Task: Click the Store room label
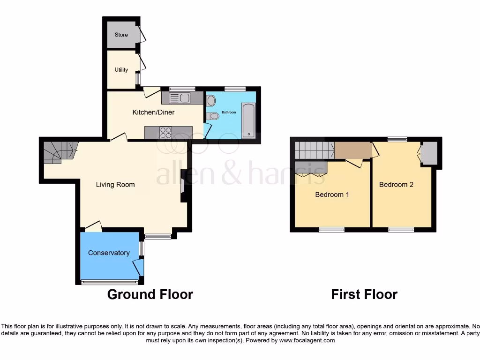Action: [x=121, y=35]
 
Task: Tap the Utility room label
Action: [x=121, y=70]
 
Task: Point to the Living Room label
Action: [x=115, y=185]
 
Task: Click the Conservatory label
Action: [x=109, y=253]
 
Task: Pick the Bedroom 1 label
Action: [x=332, y=195]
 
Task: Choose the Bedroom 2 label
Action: [x=396, y=185]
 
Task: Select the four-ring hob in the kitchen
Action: [x=165, y=133]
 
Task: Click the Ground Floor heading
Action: [x=150, y=294]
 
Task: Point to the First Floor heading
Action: [x=364, y=294]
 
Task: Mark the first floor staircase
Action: [x=314, y=150]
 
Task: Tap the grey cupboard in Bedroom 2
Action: [x=429, y=153]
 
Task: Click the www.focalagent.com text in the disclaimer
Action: [x=307, y=341]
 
